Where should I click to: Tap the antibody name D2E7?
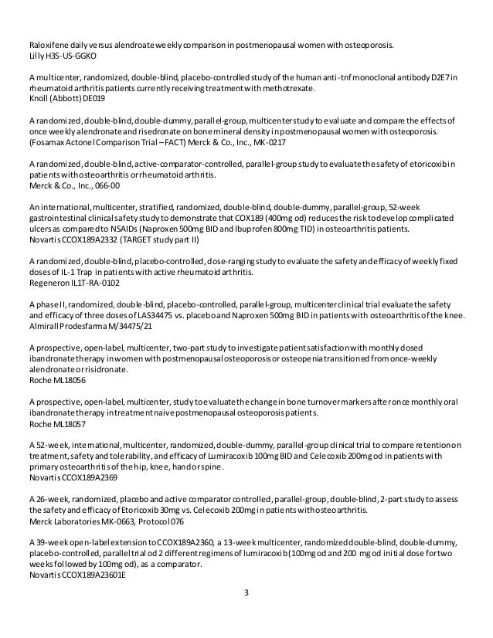440,76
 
